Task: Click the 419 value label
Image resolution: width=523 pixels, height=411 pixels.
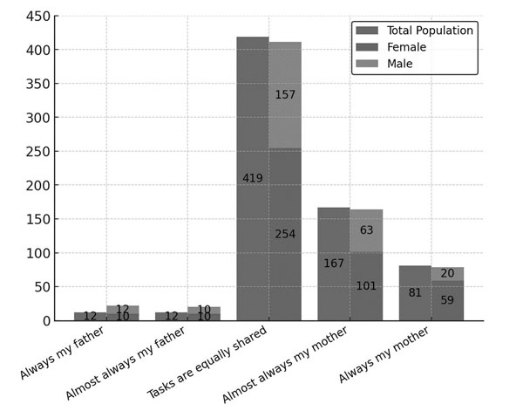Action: [x=253, y=179]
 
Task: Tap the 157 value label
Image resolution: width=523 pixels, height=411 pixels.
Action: [x=285, y=94]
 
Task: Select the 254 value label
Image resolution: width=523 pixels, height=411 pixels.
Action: [x=285, y=234]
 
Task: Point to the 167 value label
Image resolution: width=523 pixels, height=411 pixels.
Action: [x=334, y=264]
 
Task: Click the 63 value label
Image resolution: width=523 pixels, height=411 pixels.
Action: [x=366, y=230]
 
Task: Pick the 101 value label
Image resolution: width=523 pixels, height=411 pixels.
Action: [x=366, y=286]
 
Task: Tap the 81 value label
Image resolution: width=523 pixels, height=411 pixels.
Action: [x=415, y=293]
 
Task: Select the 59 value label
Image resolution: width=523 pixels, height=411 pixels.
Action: [x=447, y=300]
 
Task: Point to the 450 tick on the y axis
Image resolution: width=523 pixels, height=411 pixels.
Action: [x=36, y=17]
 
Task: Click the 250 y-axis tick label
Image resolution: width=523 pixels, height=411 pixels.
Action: [x=36, y=152]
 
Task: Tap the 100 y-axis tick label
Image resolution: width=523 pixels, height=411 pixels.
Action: [x=36, y=253]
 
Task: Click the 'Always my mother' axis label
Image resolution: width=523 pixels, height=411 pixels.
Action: [x=387, y=357]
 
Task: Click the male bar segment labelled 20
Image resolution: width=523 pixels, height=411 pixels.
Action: [x=447, y=274]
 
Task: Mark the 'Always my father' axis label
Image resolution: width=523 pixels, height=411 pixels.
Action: [x=64, y=353]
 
